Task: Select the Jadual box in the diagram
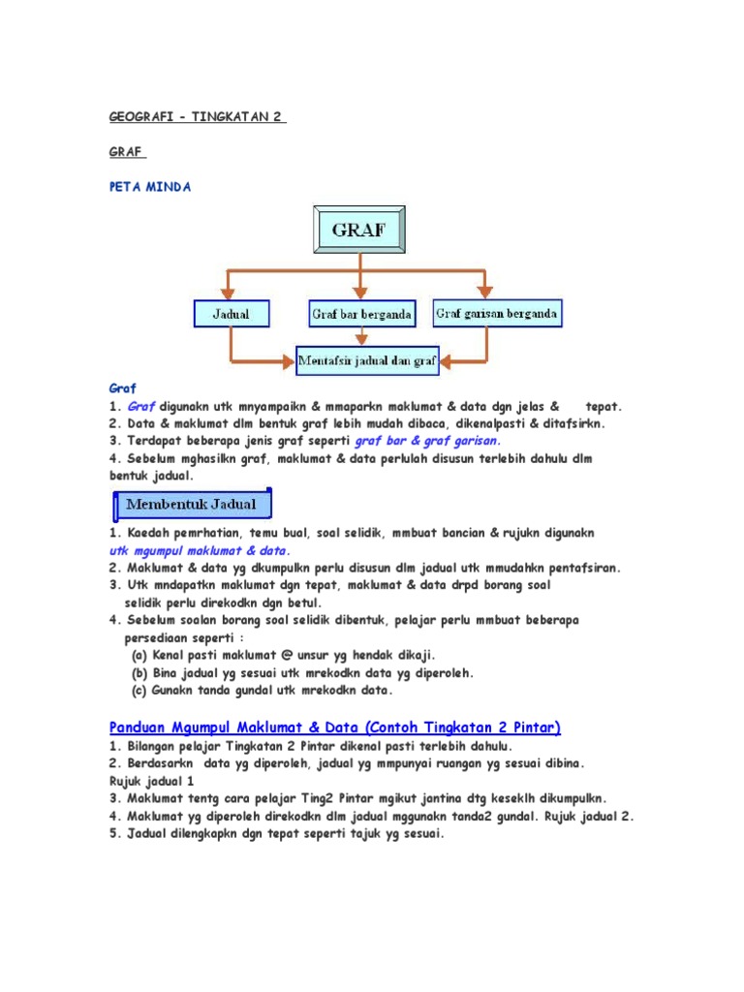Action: (x=230, y=314)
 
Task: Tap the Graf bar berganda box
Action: (x=361, y=314)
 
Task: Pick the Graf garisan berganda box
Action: (x=497, y=313)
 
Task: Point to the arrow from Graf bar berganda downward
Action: (x=361, y=336)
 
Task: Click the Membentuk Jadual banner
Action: (x=189, y=504)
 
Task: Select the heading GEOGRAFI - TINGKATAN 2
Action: (x=197, y=116)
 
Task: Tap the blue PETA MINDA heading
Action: (x=149, y=187)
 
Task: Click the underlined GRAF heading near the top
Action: (x=126, y=152)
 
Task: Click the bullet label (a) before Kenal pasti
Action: (x=139, y=655)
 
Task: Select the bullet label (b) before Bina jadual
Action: (x=139, y=672)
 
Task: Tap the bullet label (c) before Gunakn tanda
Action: (x=139, y=691)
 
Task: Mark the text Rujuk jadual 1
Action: (x=151, y=780)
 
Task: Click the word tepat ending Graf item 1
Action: (x=603, y=406)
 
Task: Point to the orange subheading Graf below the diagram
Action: (x=122, y=387)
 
